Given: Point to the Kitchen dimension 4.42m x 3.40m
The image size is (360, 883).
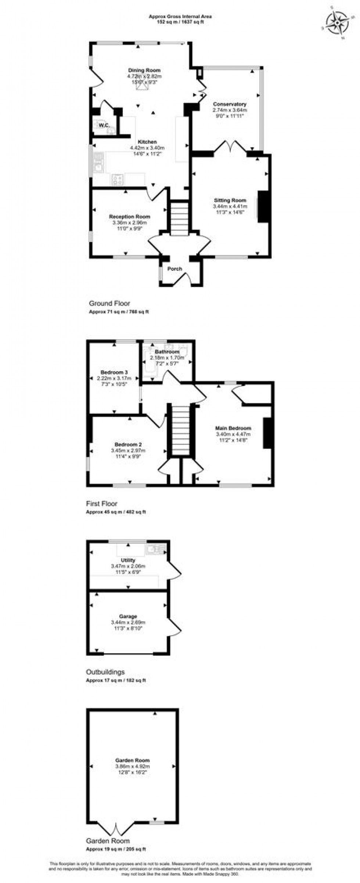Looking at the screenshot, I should (147, 148).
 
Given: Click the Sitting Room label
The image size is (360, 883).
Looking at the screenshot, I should (230, 200).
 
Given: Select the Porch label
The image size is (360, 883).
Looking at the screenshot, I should (175, 269).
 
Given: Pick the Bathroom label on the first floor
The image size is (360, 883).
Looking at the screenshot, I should (167, 352).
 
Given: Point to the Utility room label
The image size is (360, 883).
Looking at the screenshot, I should (128, 560).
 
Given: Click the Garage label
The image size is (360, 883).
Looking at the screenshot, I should (128, 616).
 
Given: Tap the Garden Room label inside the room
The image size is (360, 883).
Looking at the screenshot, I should (133, 760).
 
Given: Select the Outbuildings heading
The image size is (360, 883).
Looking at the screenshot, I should (105, 672).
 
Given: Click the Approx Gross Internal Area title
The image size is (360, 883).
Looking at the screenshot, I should (180, 16).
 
